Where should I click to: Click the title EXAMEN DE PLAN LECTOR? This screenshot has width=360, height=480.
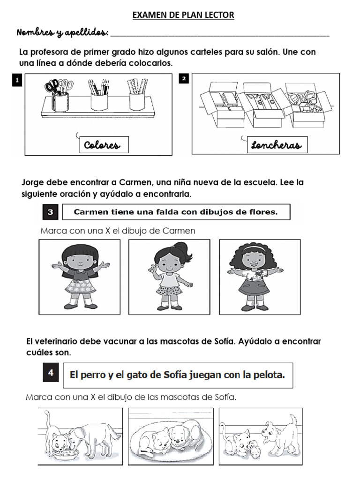[183, 15]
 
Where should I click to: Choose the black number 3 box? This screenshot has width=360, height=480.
[50, 212]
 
